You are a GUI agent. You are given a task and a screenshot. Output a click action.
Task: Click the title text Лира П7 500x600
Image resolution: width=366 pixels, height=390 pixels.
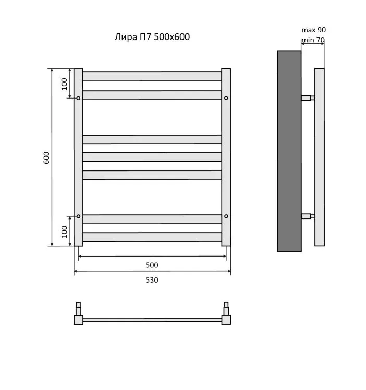[152, 37]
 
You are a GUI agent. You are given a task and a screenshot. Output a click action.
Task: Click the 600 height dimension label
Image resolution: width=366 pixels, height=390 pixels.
[46, 157]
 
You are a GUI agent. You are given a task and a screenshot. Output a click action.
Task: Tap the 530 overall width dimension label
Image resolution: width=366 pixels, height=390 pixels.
[152, 280]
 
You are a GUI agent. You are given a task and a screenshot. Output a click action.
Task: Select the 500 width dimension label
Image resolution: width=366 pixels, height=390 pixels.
[152, 265]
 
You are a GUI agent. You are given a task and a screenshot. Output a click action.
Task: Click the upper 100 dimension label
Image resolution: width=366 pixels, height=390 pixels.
[65, 84]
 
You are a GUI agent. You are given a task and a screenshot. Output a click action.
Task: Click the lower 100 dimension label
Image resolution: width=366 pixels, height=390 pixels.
[65, 232]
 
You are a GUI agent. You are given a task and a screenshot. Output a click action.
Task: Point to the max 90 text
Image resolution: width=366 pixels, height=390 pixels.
[313, 30]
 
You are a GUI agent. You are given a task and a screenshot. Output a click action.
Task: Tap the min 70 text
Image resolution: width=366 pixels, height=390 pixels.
[313, 40]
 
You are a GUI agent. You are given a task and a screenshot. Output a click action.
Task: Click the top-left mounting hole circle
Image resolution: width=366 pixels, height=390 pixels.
[78, 98]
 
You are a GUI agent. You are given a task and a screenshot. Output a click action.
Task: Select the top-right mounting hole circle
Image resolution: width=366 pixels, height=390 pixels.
[226, 98]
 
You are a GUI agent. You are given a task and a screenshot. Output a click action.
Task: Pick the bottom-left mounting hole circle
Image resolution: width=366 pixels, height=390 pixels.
[78, 216]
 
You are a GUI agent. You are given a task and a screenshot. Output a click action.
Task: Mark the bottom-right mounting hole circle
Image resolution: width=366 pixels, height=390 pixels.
[226, 216]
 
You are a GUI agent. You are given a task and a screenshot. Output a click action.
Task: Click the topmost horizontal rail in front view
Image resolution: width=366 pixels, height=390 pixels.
[152, 76]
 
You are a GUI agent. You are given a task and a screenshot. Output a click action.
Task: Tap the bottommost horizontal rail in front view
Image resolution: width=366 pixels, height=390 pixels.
[152, 237]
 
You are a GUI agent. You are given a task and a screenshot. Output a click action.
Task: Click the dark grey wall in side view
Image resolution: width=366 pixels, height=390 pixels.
[289, 151]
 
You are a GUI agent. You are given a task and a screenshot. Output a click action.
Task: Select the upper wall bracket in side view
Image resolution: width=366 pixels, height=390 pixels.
[308, 97]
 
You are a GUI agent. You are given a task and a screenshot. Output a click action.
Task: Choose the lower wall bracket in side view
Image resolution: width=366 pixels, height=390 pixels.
[308, 216]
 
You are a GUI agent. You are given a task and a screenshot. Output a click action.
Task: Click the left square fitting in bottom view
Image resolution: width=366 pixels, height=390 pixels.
[78, 320]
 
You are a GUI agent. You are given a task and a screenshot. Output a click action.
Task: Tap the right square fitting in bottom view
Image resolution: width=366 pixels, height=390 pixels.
[226, 320]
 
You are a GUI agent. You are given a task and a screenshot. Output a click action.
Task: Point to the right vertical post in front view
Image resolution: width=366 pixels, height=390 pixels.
[226, 157]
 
